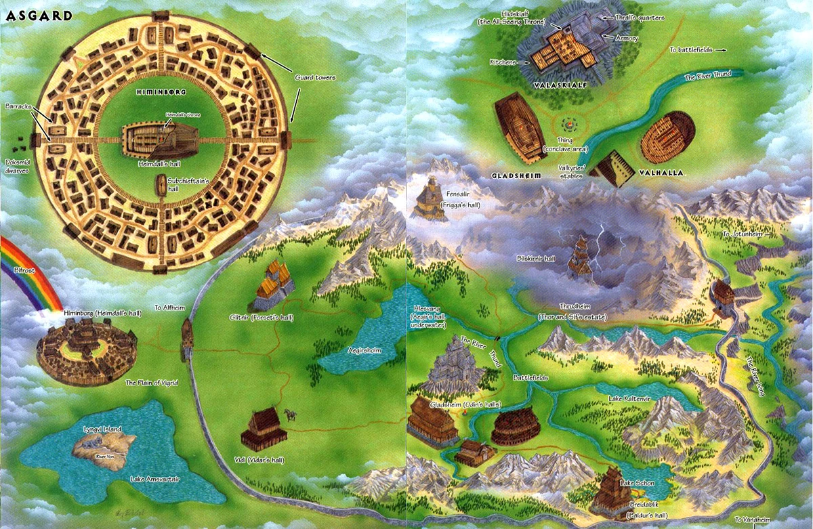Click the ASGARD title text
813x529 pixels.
(x=28, y=16)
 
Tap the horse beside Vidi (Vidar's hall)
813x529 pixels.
(x=290, y=415)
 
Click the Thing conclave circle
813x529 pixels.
(x=568, y=125)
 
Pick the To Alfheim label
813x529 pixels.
(x=169, y=307)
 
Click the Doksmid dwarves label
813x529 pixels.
(x=19, y=166)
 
